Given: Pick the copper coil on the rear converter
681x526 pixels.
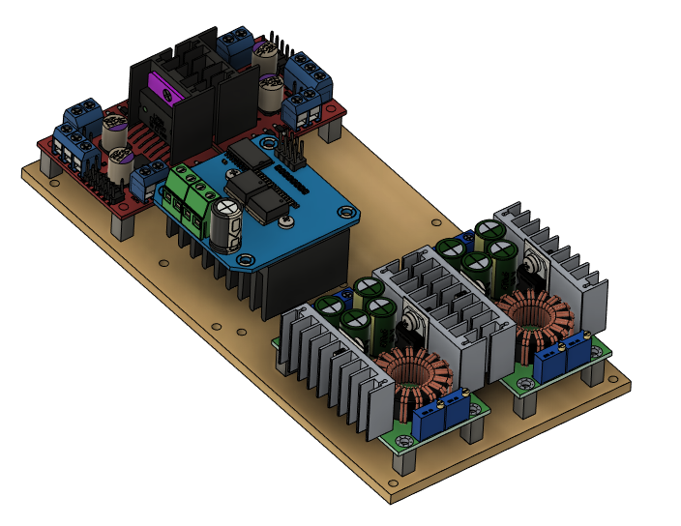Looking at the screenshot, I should tap(531, 320).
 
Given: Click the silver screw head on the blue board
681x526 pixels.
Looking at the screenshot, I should tap(286, 223).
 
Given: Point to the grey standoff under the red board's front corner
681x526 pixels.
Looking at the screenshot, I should tap(123, 225).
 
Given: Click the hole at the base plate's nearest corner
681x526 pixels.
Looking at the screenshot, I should tap(396, 482).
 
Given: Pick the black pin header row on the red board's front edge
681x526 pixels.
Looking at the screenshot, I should tap(103, 185).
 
